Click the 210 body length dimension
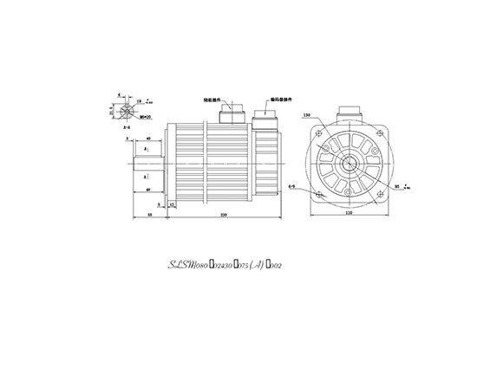tap(224, 214)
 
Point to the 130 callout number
tap(307, 114)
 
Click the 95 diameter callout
tap(396, 185)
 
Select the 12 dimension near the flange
tap(173, 203)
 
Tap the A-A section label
tap(127, 127)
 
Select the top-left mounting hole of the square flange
tap(321, 131)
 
